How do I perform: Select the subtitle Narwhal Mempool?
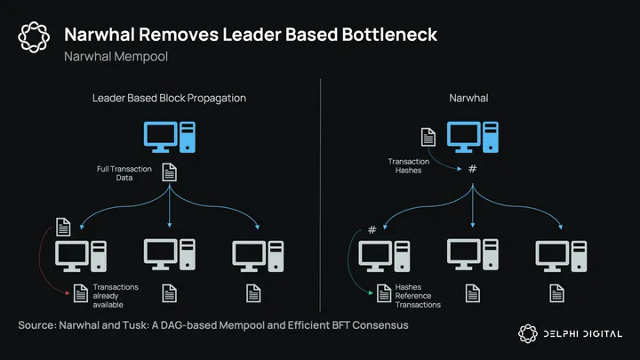(x=116, y=57)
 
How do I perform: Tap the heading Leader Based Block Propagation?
(x=169, y=97)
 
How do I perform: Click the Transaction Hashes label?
(x=408, y=166)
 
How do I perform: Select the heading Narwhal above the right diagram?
(x=471, y=97)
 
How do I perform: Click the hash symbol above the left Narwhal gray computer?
(x=372, y=230)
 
